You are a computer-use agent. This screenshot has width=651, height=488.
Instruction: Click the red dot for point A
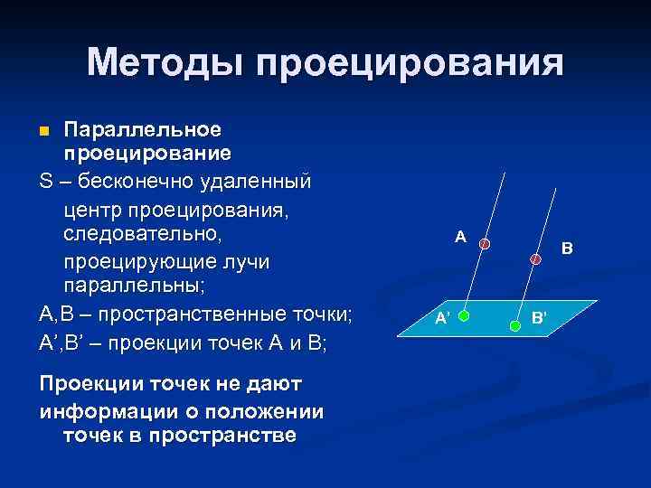(485, 244)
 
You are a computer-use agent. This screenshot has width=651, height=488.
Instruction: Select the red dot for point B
(536, 258)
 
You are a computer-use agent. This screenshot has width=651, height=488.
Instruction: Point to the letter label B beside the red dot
(567, 246)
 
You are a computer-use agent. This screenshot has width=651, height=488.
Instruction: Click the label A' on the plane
(442, 318)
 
